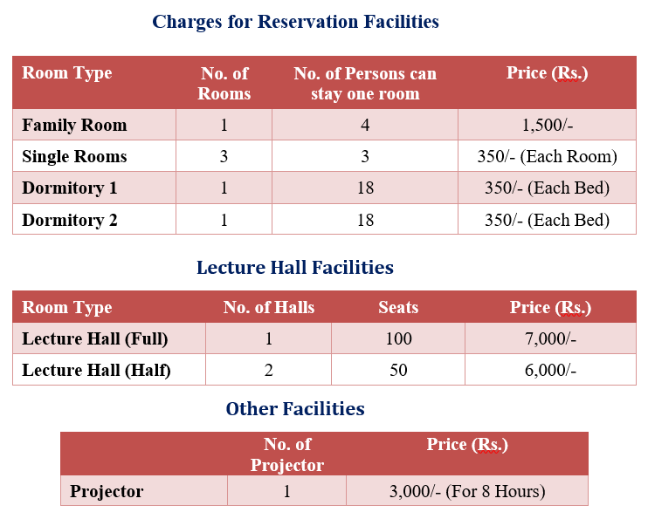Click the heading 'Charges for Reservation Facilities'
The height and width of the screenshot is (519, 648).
click(x=295, y=22)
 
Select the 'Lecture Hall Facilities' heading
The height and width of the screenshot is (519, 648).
click(x=295, y=267)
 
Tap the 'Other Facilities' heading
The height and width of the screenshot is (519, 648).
click(x=295, y=409)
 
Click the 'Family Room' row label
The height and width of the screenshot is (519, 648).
click(x=74, y=125)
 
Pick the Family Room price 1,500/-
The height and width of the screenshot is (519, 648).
click(x=548, y=125)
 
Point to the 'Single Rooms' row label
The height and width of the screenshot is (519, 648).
click(x=74, y=156)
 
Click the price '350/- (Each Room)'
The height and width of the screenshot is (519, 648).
click(x=548, y=156)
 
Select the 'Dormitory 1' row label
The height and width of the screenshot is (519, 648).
click(x=70, y=188)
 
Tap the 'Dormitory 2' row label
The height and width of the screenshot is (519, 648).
click(x=70, y=220)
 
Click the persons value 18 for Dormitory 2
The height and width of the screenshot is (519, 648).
click(x=365, y=220)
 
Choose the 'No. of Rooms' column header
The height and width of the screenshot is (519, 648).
click(x=224, y=84)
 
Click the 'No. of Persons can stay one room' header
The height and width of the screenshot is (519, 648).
click(x=365, y=84)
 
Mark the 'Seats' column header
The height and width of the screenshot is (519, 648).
click(x=398, y=307)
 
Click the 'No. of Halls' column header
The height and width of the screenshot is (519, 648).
click(x=269, y=307)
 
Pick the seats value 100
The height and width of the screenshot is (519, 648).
click(x=399, y=338)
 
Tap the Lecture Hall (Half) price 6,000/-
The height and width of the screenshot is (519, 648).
click(x=550, y=370)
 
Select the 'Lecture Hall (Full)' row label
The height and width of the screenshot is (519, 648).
click(x=95, y=338)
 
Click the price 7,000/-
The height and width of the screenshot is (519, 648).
click(x=550, y=338)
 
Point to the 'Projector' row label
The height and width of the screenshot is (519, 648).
click(x=107, y=491)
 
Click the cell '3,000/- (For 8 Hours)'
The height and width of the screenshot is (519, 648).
click(x=467, y=491)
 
